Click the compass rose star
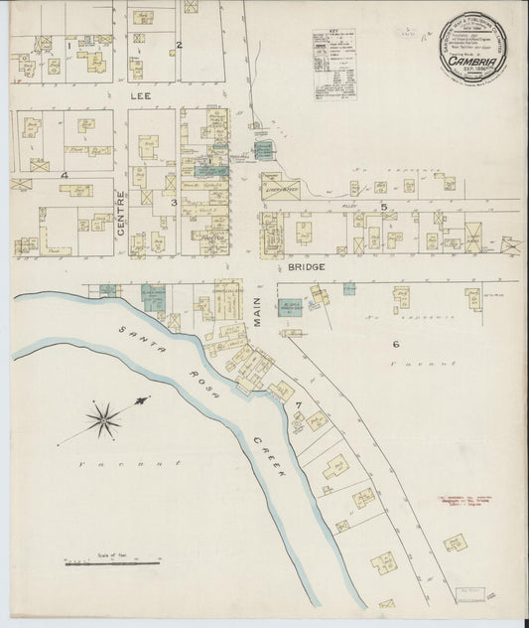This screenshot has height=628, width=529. pyautogui.click(x=104, y=419)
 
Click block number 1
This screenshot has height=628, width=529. pyautogui.click(x=68, y=45)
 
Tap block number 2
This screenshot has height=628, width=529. pyautogui.click(x=180, y=45)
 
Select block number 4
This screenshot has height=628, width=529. pyautogui.click(x=64, y=176)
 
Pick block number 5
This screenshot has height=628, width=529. pyautogui.click(x=383, y=206)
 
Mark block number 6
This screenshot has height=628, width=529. pyautogui.click(x=395, y=345)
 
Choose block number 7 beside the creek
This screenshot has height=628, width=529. pyautogui.click(x=296, y=406)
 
